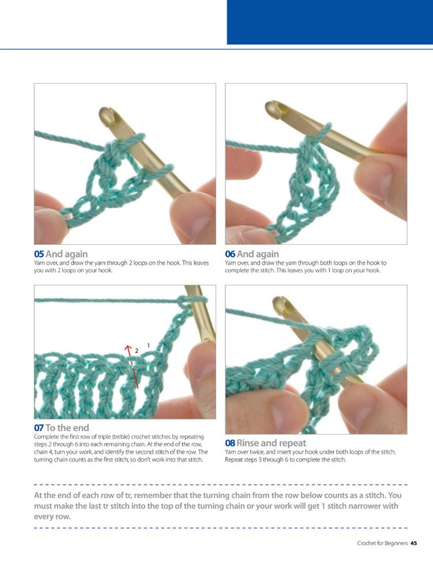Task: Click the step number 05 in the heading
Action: point(39,253)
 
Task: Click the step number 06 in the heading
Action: point(230,253)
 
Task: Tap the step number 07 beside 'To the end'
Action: point(39,428)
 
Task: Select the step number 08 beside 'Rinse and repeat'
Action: point(230,443)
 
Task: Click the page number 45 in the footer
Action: point(413,543)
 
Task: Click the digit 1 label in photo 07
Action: point(148,345)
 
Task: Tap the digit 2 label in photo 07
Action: point(137,351)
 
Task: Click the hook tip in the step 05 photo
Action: point(107,112)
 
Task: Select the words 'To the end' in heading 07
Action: point(67,428)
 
